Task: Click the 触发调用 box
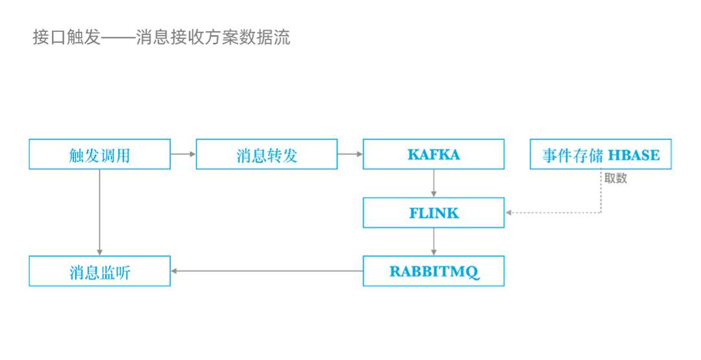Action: [x=100, y=154]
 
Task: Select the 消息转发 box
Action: [x=267, y=154]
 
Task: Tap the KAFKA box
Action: [x=434, y=154]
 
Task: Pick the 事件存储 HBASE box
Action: [x=600, y=154]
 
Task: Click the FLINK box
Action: [x=434, y=213]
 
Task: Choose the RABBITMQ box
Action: [x=434, y=271]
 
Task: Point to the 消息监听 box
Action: [x=100, y=271]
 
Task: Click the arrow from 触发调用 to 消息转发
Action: [x=184, y=154]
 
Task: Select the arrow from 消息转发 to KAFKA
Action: [x=350, y=154]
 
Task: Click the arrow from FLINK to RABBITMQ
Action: [x=434, y=242]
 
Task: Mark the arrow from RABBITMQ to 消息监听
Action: [x=266, y=271]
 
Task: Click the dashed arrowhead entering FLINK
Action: [x=510, y=213]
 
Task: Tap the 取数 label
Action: [x=615, y=178]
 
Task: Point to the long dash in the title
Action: [x=118, y=38]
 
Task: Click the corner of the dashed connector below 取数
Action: [x=601, y=213]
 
